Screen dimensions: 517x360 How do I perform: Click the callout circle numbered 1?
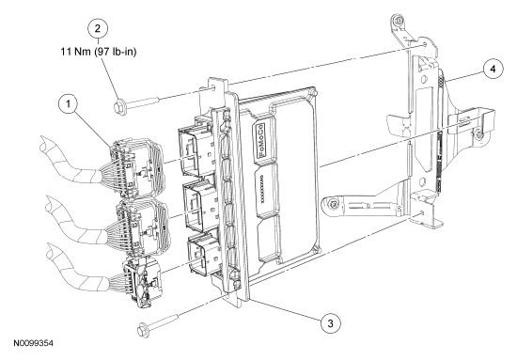coord(69,103)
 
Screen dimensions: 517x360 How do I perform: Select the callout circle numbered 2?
coord(97,28)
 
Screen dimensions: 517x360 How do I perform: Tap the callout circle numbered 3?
coord(331,323)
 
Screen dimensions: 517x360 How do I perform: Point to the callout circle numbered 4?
coord(493,69)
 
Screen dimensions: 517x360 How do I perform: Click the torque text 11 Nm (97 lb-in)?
coord(99,52)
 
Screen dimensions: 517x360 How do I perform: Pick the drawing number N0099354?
coord(33,343)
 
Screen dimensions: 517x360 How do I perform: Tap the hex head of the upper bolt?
coord(119,107)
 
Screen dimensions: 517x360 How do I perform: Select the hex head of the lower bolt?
coord(143,328)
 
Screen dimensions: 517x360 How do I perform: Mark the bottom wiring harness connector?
coord(143,284)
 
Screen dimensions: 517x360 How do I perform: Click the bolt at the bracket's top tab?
coord(398,21)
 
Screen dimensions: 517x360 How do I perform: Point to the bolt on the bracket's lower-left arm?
coord(334,204)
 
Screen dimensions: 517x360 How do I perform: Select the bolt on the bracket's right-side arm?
coord(478,134)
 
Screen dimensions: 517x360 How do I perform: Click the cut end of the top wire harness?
coord(45,145)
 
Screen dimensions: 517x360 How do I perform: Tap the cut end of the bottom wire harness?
coord(52,252)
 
